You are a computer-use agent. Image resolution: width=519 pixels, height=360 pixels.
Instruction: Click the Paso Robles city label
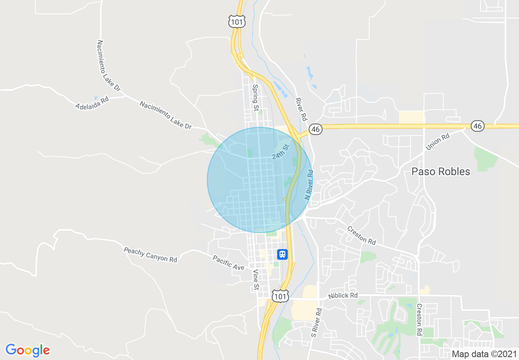(x=440, y=171)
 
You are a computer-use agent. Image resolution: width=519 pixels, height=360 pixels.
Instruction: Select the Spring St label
(x=255, y=97)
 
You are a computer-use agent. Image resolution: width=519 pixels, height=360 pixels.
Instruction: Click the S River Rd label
(x=314, y=323)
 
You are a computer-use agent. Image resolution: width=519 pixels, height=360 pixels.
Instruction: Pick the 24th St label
(x=280, y=152)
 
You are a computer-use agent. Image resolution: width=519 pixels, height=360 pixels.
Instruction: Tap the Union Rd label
(x=438, y=141)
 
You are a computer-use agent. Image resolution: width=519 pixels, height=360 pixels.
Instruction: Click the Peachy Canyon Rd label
(x=150, y=254)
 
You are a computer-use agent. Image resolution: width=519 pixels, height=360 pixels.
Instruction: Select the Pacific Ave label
(x=228, y=263)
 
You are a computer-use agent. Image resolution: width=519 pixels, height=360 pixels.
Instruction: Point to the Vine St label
(x=255, y=280)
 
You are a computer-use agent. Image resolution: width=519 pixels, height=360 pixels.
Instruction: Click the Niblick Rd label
(x=343, y=295)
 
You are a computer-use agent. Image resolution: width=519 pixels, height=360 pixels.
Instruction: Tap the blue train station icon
(x=282, y=254)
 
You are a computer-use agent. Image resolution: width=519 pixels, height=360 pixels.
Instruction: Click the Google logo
(x=27, y=350)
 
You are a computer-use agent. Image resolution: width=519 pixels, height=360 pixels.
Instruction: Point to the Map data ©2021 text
(x=484, y=354)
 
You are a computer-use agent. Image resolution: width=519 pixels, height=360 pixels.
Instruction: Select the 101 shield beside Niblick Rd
(x=280, y=296)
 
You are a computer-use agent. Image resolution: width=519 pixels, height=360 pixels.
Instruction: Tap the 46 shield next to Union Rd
(x=477, y=126)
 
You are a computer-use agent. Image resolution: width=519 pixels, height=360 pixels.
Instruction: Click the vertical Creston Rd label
(x=419, y=320)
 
